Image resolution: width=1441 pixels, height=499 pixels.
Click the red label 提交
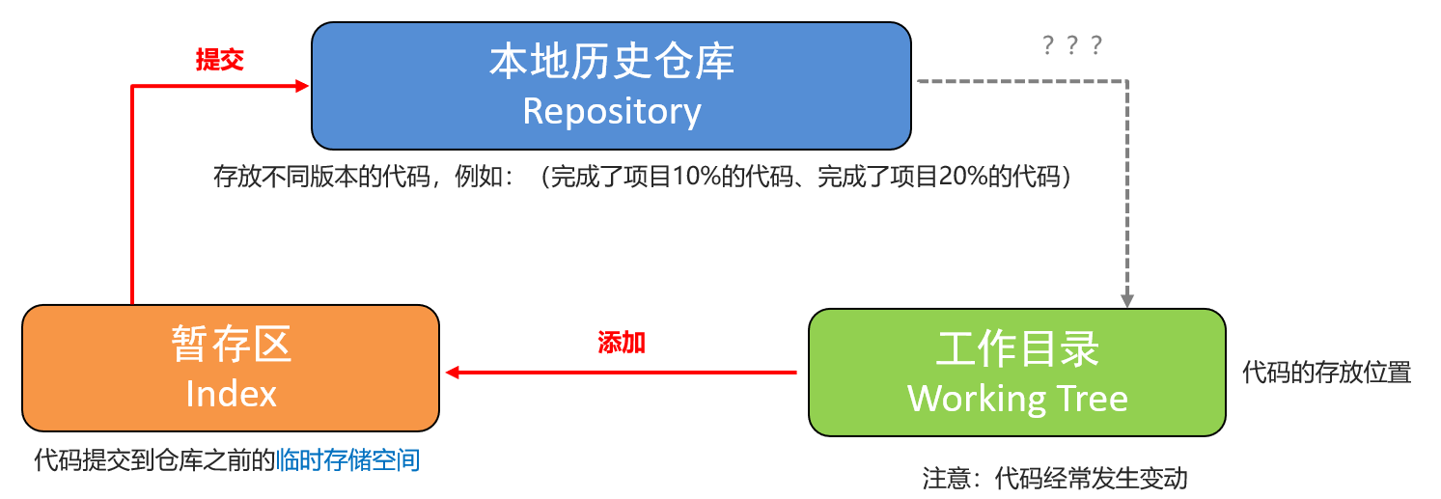click(x=219, y=60)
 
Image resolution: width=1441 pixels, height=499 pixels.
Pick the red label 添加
click(x=622, y=343)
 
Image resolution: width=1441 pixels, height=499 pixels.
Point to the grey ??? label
click(x=1072, y=45)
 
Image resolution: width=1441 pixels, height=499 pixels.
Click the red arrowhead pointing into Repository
click(x=301, y=86)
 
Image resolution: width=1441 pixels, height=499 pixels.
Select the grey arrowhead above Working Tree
click(x=1127, y=298)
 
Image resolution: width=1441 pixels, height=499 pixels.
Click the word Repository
click(x=611, y=111)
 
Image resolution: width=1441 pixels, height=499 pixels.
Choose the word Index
click(x=231, y=393)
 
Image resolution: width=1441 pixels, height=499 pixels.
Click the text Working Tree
click(x=1017, y=398)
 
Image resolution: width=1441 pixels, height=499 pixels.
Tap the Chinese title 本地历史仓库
click(x=611, y=62)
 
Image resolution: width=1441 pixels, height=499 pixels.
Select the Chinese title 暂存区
click(x=231, y=345)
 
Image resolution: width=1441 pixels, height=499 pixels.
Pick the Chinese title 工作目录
click(x=1017, y=348)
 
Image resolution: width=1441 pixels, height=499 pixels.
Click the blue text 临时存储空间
click(x=347, y=460)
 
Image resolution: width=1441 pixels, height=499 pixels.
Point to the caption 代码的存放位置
click(x=1326, y=373)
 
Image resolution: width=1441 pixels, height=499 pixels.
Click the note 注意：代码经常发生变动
click(x=1055, y=478)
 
